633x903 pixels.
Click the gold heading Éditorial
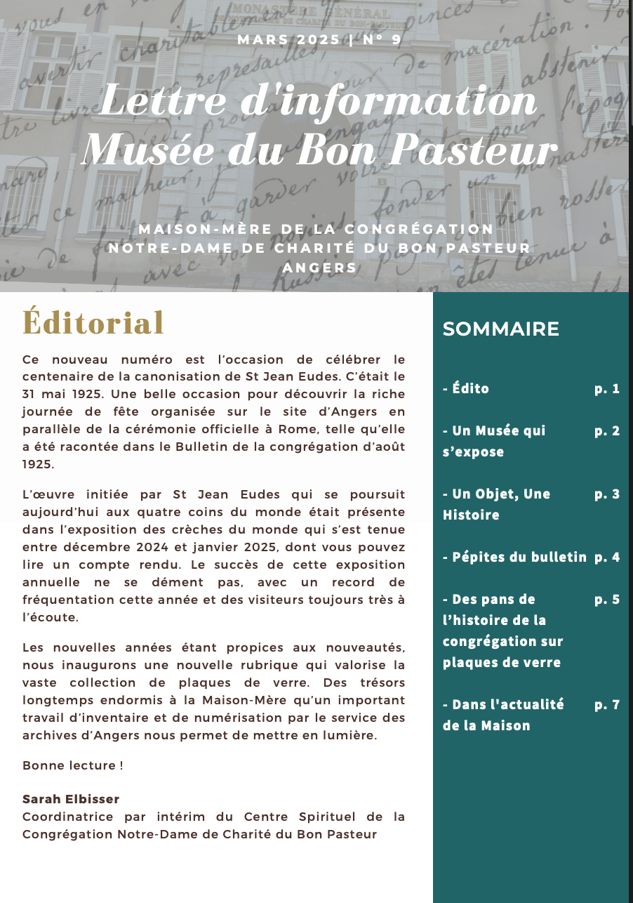(93, 323)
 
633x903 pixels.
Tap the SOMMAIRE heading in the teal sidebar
(500, 329)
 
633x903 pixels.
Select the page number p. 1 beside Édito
(607, 388)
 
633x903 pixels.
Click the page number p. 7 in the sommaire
(607, 704)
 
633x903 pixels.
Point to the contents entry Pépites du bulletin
(514, 557)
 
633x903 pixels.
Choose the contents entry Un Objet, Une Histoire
(496, 504)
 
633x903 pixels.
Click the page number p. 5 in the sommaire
(607, 599)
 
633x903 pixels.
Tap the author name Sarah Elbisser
(71, 799)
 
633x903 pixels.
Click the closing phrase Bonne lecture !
(73, 765)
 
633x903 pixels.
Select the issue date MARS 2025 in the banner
(288, 39)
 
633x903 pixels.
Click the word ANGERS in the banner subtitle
(319, 268)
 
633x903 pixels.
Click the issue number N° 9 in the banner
(382, 39)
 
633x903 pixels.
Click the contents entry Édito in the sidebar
(466, 388)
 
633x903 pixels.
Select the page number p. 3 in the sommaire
(607, 494)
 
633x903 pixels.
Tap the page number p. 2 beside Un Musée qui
(607, 430)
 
